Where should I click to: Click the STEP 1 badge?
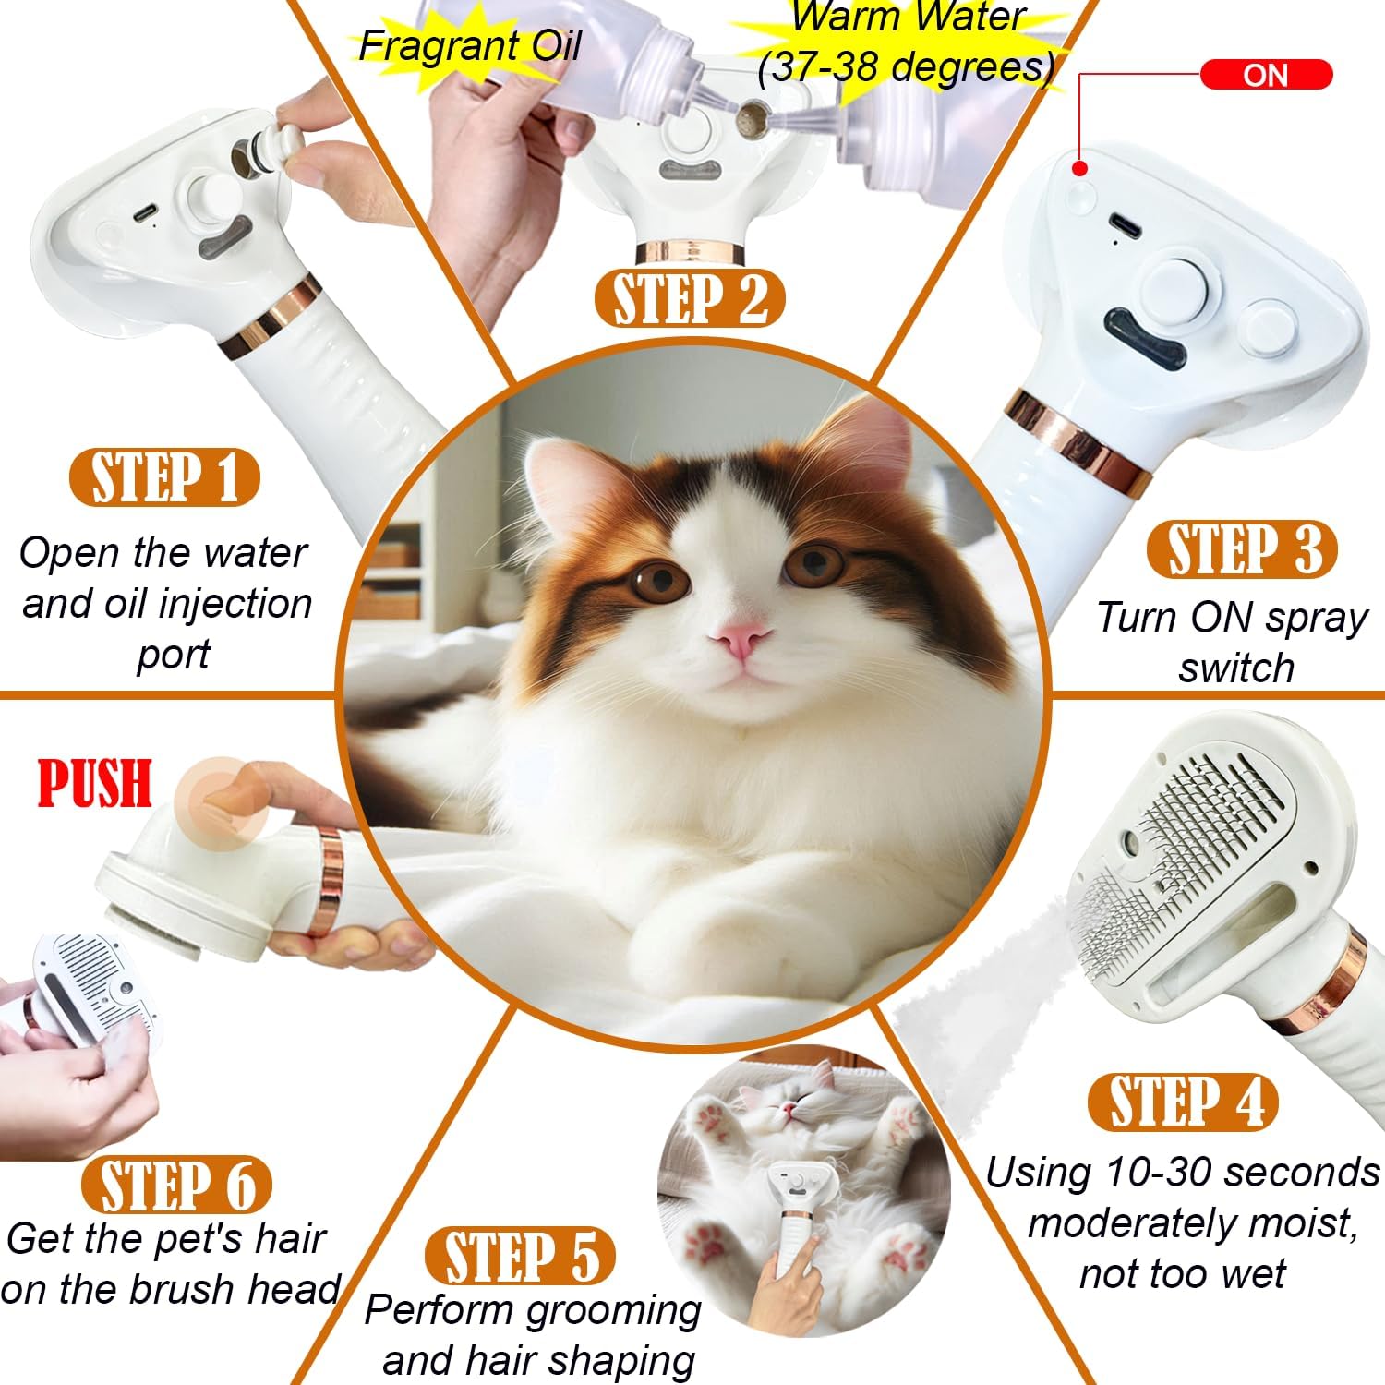(x=164, y=478)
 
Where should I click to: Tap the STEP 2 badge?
(x=689, y=299)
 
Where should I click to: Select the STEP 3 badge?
(x=1241, y=549)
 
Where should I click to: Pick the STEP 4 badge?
(x=1183, y=1102)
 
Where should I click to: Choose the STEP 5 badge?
(x=520, y=1256)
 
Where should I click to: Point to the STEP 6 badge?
(x=175, y=1185)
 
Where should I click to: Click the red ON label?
(x=1265, y=75)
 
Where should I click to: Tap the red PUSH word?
(x=94, y=784)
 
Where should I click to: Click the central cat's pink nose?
(x=741, y=639)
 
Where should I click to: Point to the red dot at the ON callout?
(x=1078, y=168)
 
